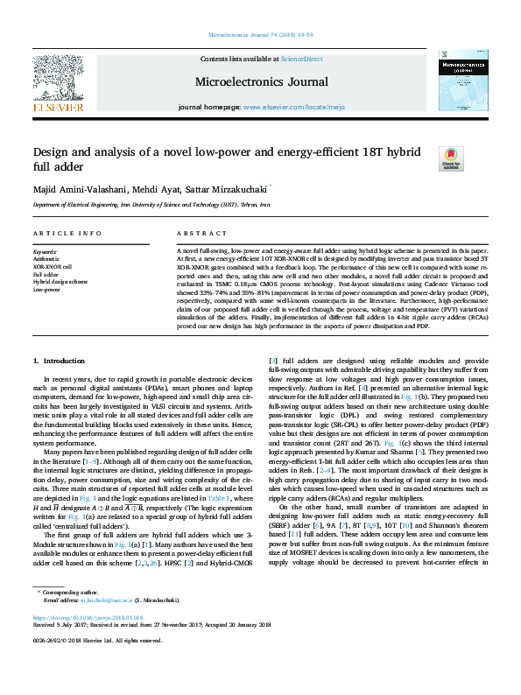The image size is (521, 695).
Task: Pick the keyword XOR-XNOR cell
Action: click(x=53, y=266)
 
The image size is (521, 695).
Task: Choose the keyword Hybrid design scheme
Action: click(x=60, y=281)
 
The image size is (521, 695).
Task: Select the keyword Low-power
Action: click(x=46, y=289)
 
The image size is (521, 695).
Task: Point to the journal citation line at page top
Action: click(x=260, y=35)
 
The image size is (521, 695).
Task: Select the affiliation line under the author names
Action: click(x=151, y=205)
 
